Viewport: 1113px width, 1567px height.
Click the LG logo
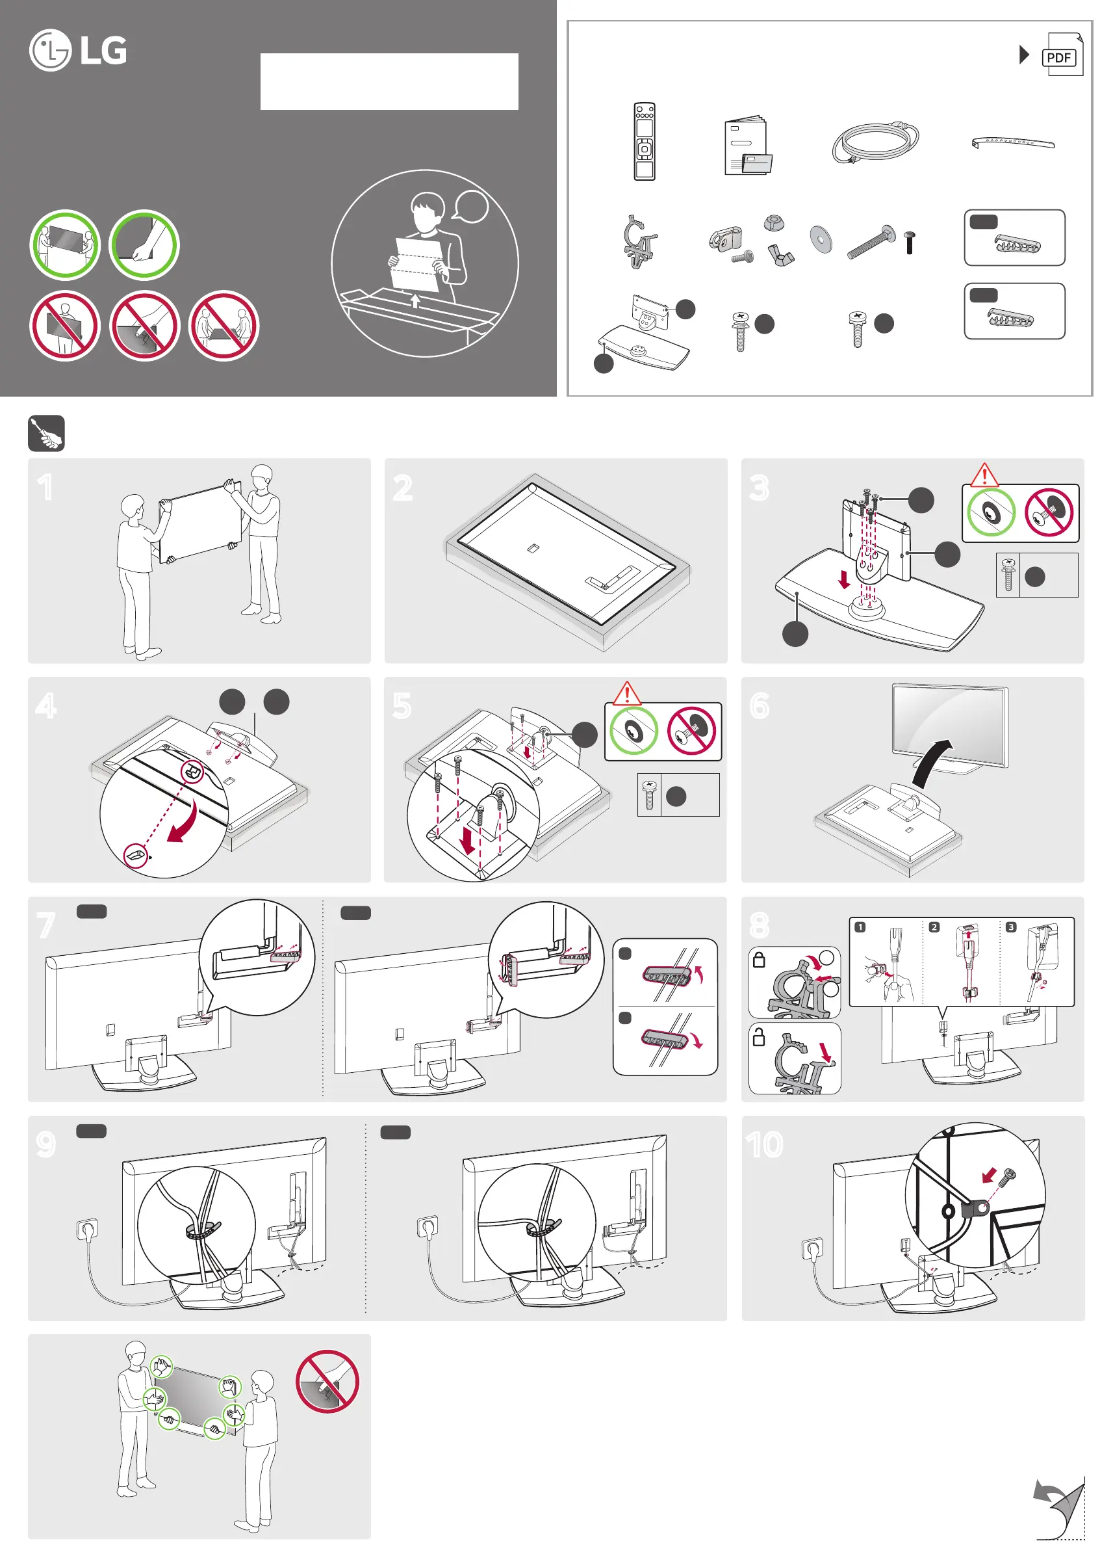click(77, 50)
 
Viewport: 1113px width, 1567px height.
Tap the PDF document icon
click(1061, 55)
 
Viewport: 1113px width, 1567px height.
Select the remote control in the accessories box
click(645, 141)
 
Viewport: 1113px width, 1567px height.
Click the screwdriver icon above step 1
click(46, 433)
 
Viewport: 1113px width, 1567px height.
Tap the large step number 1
click(45, 488)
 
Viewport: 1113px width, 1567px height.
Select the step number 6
click(760, 705)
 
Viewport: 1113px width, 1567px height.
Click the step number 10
click(764, 1144)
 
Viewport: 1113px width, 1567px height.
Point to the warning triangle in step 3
click(984, 475)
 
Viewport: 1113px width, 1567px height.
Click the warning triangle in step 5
click(626, 693)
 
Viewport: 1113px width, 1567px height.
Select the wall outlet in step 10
click(812, 1246)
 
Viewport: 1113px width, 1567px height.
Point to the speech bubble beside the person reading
click(471, 205)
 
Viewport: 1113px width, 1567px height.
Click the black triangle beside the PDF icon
click(1024, 55)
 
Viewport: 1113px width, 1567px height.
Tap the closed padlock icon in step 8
click(759, 960)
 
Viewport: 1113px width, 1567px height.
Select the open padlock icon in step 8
click(759, 1036)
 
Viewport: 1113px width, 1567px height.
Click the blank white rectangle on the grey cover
click(389, 82)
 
